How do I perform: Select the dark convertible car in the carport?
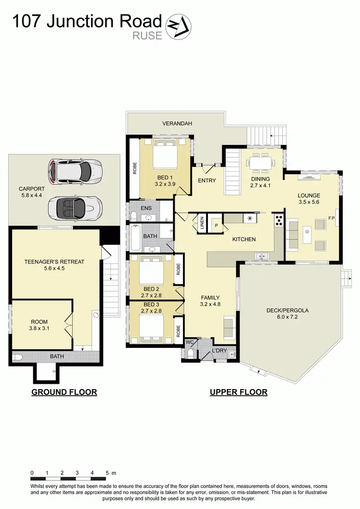75,206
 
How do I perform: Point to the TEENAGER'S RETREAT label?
54,262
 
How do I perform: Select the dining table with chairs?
262,163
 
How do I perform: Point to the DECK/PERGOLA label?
288,310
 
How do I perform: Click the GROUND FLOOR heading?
64,392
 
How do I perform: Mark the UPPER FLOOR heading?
239,392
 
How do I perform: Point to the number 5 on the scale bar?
108,473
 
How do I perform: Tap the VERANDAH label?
177,124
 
